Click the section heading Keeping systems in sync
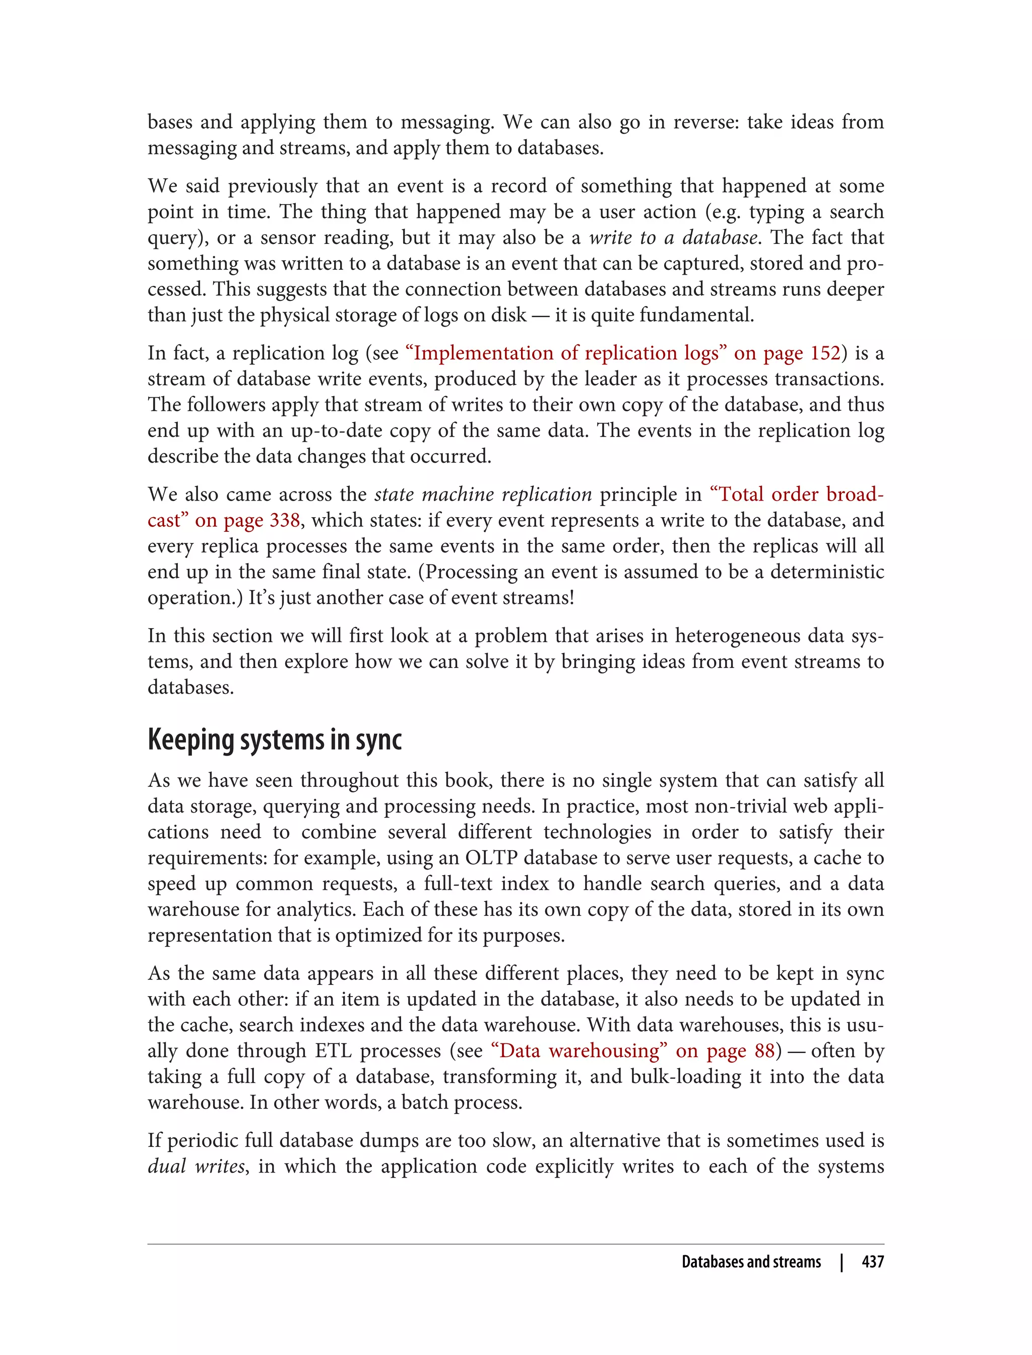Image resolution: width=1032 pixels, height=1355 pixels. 275,741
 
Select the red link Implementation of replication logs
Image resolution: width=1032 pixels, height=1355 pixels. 566,353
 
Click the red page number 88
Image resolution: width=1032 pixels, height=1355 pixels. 764,1051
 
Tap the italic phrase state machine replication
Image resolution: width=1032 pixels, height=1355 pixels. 483,495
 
